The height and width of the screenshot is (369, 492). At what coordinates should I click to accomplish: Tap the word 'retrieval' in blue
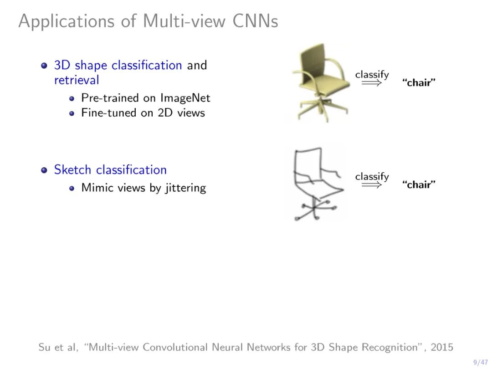[x=77, y=80]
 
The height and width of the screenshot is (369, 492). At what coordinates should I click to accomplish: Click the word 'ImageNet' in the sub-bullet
[x=185, y=97]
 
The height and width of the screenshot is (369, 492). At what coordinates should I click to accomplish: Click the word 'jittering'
[x=185, y=188]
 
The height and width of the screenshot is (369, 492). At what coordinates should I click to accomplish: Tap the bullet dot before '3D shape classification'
[x=44, y=65]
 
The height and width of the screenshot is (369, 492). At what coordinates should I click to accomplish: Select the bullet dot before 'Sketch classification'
[x=44, y=170]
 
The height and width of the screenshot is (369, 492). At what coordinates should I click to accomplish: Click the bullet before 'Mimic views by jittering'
[x=72, y=188]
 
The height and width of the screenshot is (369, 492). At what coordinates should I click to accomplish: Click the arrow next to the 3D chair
[x=372, y=83]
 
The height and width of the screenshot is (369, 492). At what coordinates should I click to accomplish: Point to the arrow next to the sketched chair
[x=372, y=185]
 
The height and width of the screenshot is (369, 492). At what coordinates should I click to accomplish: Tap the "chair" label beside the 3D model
[x=419, y=83]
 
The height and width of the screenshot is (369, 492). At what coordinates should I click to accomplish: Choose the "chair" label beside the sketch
[x=419, y=185]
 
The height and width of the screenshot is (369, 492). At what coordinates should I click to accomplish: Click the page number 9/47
[x=480, y=362]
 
